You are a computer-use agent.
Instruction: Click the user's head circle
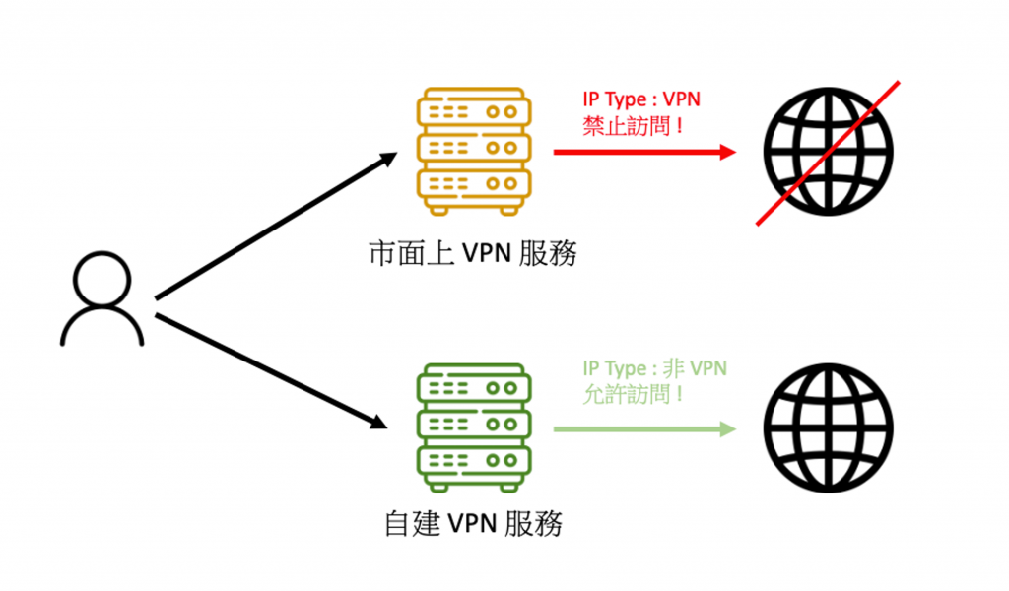(x=101, y=279)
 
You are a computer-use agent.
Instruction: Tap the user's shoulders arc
(x=101, y=326)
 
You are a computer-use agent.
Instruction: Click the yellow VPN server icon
(x=474, y=152)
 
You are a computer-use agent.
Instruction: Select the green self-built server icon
(x=474, y=427)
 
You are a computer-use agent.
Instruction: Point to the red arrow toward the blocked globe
(x=644, y=153)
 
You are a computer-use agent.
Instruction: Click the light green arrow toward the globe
(x=644, y=428)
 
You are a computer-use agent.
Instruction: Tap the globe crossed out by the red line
(x=828, y=153)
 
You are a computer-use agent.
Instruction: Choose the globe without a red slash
(x=828, y=428)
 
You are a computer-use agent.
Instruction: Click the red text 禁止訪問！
(x=634, y=125)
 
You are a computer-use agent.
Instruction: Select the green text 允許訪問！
(x=634, y=394)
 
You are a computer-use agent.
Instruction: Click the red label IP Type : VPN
(x=641, y=99)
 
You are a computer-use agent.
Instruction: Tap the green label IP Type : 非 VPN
(x=655, y=368)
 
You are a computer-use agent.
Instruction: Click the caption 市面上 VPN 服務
(x=473, y=253)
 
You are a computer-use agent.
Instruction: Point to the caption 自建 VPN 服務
(x=473, y=523)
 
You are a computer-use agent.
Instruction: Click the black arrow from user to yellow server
(x=277, y=226)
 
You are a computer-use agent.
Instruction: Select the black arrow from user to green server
(x=272, y=371)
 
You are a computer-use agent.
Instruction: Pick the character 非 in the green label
(x=673, y=368)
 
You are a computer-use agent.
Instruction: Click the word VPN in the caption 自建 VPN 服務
(x=473, y=524)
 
